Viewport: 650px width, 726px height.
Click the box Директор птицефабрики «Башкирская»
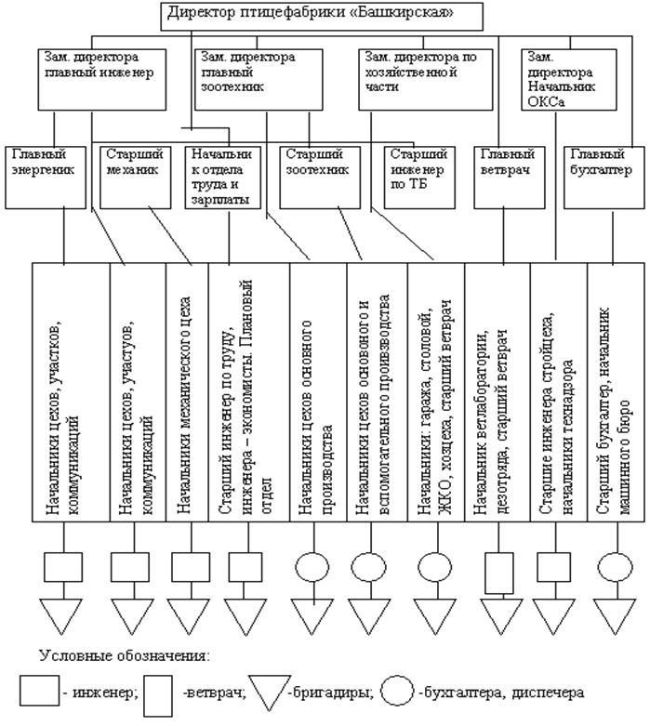[324, 14]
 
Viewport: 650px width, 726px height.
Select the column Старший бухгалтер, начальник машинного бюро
[614, 390]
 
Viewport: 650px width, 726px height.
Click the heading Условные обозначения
[124, 655]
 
